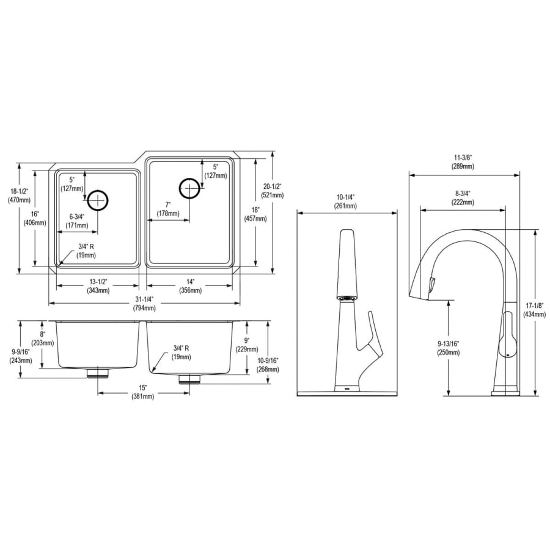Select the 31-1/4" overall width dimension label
(x=144, y=304)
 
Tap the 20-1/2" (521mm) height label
(x=272, y=191)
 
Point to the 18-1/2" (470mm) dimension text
(x=19, y=196)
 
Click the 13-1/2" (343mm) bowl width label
(x=98, y=286)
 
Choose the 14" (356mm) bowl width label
(x=191, y=286)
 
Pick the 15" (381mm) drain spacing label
(x=143, y=392)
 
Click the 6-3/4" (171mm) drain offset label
(x=77, y=221)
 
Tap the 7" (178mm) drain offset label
(x=167, y=209)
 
